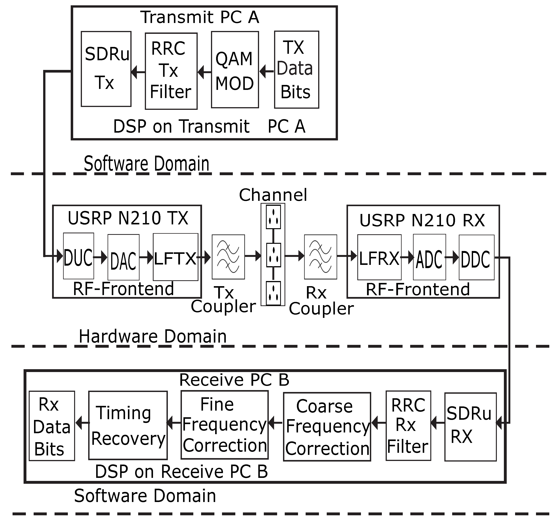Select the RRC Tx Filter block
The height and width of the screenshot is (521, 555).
(x=171, y=71)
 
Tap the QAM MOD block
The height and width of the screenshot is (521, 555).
(x=235, y=70)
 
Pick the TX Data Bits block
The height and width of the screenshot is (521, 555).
(x=297, y=70)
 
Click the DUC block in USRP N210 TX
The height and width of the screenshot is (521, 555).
(x=78, y=256)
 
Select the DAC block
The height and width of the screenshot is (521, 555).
(x=123, y=257)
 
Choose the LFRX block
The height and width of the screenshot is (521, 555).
(x=379, y=257)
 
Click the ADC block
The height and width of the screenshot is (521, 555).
(x=429, y=257)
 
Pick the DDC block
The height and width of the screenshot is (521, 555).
(x=477, y=257)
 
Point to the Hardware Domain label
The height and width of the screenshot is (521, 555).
(x=153, y=336)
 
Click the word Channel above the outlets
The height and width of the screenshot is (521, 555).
(x=273, y=195)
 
